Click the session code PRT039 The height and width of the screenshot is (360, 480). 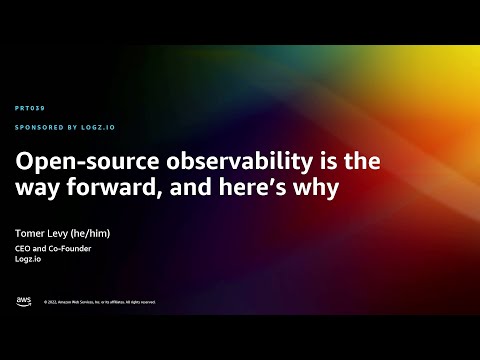coord(30,107)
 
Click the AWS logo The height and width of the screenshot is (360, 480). coord(23,301)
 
